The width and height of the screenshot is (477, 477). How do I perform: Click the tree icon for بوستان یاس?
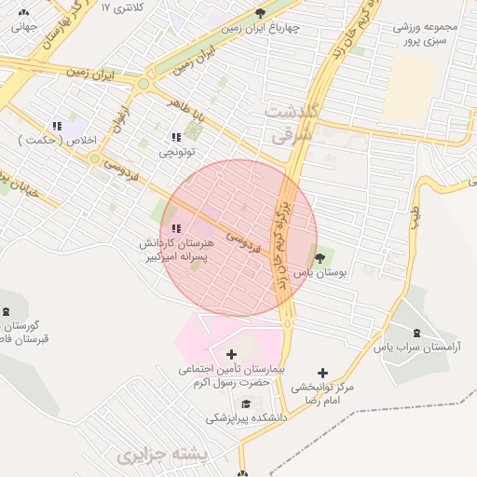pyautogui.click(x=321, y=258)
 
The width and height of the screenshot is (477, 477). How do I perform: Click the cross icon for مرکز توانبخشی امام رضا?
pyautogui.click(x=322, y=373)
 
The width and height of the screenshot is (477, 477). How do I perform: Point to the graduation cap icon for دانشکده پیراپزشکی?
pyautogui.click(x=246, y=403)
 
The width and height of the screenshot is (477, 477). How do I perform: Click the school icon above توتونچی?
pyautogui.click(x=176, y=137)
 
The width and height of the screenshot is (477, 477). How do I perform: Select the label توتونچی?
pyautogui.click(x=176, y=151)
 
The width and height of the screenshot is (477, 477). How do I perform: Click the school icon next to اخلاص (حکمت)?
pyautogui.click(x=57, y=126)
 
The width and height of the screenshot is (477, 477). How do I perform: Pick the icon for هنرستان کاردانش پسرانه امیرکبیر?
pyautogui.click(x=176, y=228)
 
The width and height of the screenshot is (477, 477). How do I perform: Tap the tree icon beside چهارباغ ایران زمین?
pyautogui.click(x=260, y=13)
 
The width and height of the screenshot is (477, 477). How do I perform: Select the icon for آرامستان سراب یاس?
pyautogui.click(x=416, y=333)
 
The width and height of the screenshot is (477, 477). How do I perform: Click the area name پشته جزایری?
pyautogui.click(x=154, y=457)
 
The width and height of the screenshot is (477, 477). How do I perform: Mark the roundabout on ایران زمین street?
pyautogui.click(x=143, y=85)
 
